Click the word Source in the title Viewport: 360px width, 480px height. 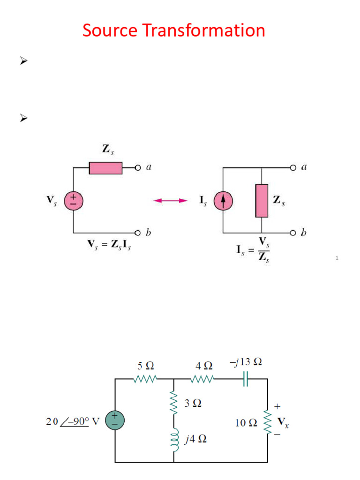coord(110,31)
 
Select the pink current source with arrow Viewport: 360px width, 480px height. coord(223,201)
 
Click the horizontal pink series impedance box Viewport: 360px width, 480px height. coord(105,168)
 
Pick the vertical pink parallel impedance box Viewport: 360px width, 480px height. coord(262,201)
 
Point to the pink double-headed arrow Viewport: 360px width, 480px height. coord(171,201)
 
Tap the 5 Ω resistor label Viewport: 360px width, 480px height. coord(145,365)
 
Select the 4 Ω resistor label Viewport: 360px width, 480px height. coord(204,365)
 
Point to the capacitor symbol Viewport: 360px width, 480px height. coord(245,379)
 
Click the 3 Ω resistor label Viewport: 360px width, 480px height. coord(193,403)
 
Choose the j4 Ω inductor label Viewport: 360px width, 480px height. coord(195,440)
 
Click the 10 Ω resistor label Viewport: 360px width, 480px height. coord(246,422)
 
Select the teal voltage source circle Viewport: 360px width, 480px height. coord(115,420)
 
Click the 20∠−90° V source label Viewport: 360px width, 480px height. coord(73,421)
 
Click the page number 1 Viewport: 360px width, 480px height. coord(337,258)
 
